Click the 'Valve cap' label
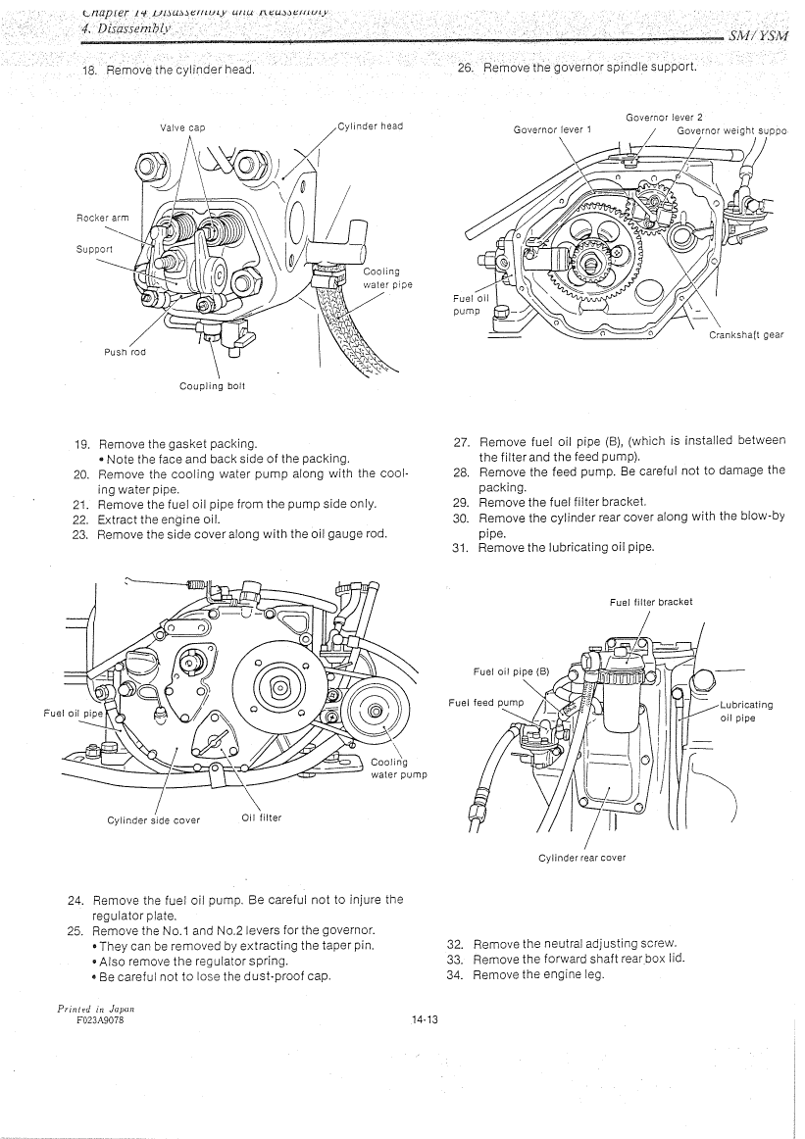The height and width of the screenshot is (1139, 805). [182, 126]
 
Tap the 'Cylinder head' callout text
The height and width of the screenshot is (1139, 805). [371, 125]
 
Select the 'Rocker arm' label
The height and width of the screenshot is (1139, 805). [102, 218]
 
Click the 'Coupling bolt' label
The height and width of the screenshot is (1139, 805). [212, 386]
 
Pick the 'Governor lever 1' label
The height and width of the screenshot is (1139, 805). [553, 128]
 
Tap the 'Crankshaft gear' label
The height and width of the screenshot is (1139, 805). [746, 335]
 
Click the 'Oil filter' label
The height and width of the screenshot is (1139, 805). [261, 817]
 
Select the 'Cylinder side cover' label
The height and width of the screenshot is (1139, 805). [154, 820]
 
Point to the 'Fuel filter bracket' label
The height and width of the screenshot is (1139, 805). [651, 602]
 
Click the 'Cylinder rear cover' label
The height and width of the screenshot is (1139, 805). [582, 858]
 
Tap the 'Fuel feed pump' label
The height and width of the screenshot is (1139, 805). [486, 703]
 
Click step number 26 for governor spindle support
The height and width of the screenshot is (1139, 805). [465, 68]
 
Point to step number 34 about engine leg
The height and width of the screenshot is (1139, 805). [454, 974]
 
